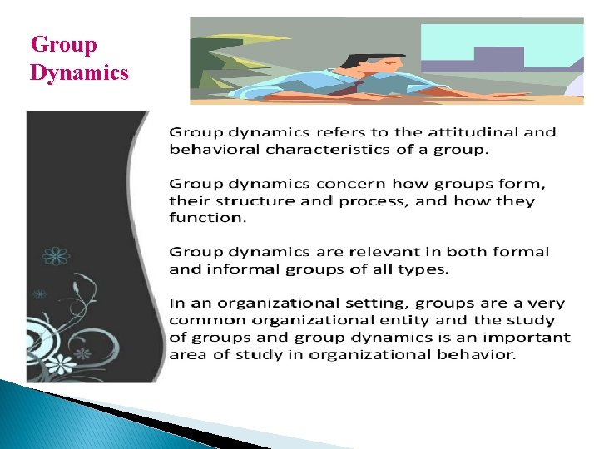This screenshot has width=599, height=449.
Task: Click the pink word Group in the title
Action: coord(63,45)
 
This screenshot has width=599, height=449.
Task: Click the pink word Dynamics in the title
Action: coord(79,73)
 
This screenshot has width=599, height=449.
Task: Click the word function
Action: coord(207,218)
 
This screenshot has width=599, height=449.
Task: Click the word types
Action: coord(426,269)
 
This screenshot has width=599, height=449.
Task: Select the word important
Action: coord(534,337)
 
